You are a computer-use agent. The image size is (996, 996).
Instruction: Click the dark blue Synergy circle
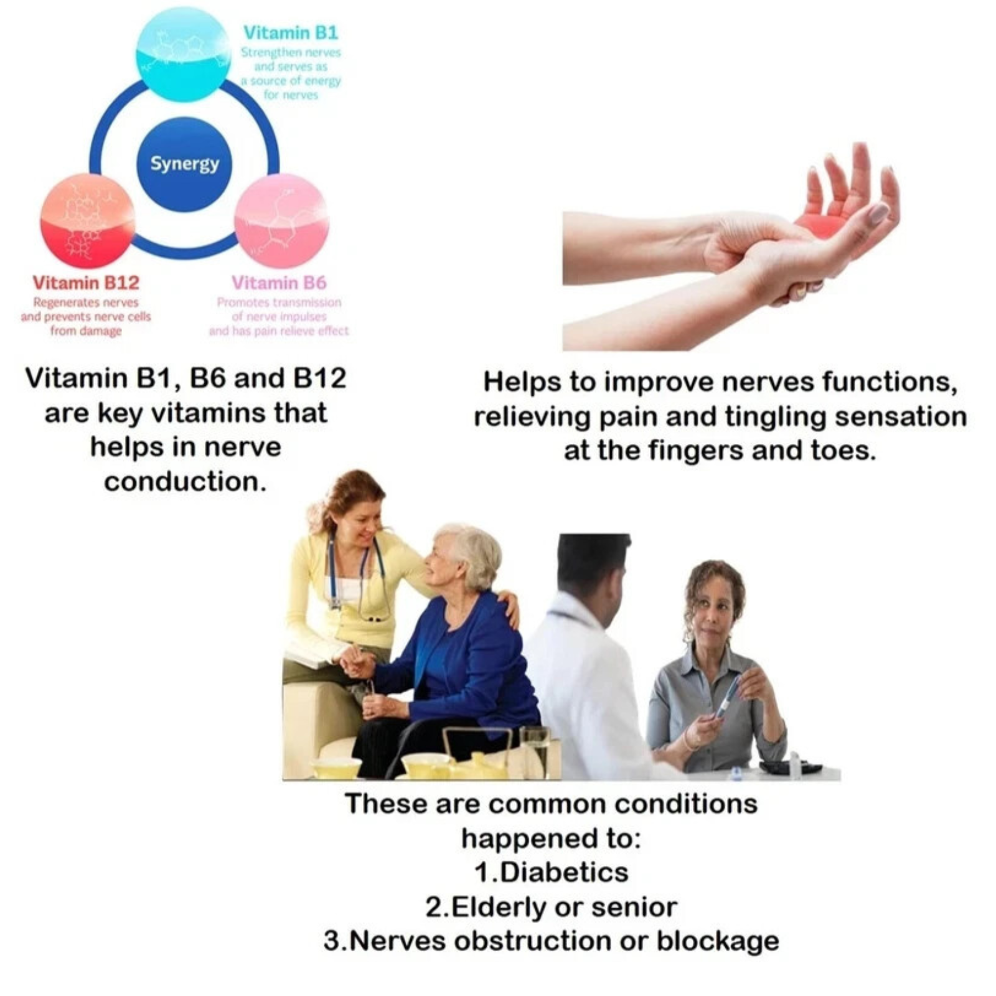184,164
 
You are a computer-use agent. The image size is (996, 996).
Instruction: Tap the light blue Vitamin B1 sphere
183,54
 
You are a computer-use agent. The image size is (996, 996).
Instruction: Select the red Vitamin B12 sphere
88,222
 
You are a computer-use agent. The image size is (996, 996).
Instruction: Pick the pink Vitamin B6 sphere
281,222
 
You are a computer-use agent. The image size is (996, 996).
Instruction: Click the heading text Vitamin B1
291,32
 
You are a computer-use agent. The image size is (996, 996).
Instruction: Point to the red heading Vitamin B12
86,283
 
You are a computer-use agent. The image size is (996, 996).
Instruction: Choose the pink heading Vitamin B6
279,283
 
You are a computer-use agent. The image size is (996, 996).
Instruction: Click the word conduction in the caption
186,481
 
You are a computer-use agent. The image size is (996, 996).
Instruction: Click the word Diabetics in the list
564,872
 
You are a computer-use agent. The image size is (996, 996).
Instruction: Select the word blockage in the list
718,941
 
